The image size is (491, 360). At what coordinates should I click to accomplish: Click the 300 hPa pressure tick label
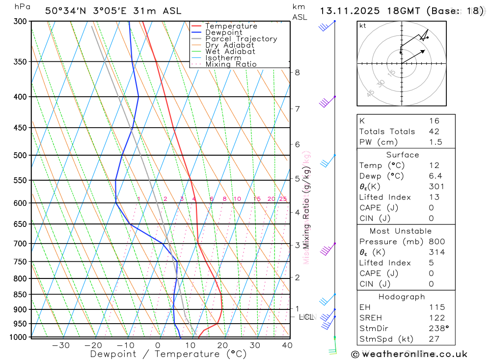20,21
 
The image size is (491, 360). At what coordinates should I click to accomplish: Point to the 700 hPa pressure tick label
20,244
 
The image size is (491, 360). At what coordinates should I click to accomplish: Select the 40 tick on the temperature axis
287,345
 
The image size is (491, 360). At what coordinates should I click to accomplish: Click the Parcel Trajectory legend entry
241,39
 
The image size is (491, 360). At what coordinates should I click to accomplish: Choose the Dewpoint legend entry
224,32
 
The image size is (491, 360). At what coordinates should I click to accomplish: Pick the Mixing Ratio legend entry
231,64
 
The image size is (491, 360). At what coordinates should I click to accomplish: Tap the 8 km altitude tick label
297,72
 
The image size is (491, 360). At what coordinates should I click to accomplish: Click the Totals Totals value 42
434,132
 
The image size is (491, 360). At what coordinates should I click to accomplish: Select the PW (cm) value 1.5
436,142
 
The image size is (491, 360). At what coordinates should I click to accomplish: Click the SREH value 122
436,318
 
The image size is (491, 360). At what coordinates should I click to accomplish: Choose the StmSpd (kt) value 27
434,339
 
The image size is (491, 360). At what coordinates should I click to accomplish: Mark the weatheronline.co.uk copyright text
409,354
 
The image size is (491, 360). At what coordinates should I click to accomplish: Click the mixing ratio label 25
283,199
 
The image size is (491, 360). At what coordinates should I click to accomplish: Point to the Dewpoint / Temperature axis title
168,354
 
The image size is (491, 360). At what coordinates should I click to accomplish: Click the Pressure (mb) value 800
436,242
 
